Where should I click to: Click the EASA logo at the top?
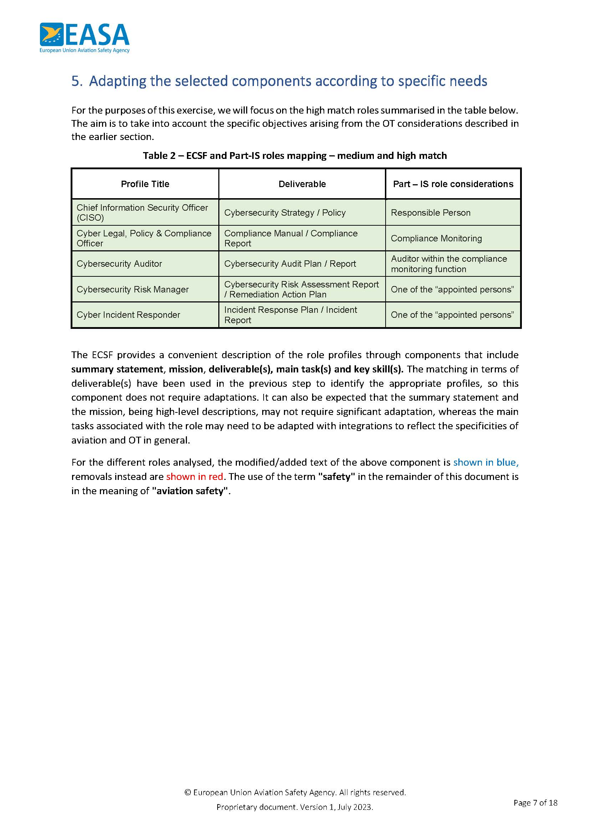(84, 38)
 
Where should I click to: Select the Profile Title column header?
(145, 184)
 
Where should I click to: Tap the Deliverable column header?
(302, 184)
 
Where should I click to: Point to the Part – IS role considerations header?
(453, 184)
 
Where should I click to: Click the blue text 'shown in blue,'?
(486, 462)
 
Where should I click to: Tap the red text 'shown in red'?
(194, 476)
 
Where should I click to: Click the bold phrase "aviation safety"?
(191, 491)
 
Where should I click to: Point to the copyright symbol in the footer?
(188, 792)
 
